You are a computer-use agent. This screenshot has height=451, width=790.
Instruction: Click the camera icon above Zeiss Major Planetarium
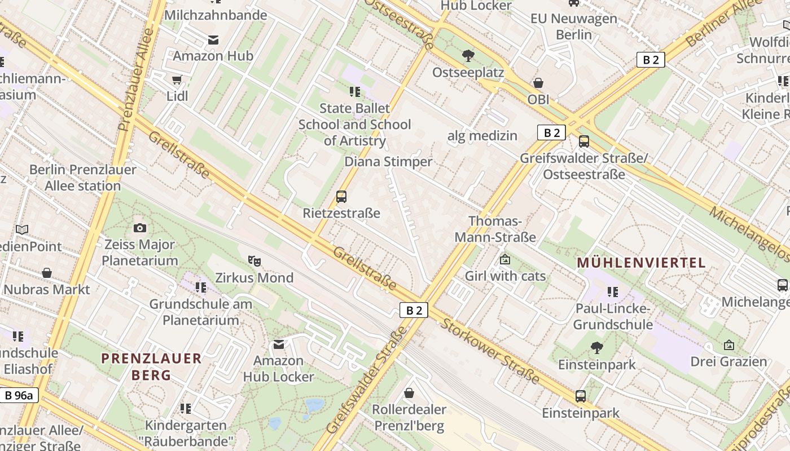140,228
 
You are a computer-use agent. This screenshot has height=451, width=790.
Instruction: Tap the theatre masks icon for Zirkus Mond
254,260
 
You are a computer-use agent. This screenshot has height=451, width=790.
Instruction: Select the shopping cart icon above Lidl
177,79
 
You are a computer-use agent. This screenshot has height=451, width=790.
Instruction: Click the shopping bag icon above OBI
538,83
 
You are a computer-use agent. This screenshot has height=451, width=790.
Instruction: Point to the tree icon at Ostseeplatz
468,55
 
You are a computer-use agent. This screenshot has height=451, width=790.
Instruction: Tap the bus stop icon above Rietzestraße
341,197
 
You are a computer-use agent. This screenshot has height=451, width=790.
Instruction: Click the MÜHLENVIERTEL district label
641,263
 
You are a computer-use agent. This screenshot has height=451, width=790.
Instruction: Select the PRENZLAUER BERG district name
151,366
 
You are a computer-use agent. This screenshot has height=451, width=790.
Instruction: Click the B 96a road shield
19,395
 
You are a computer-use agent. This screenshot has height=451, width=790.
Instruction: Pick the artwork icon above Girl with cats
505,259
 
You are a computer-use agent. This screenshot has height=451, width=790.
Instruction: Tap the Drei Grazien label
728,361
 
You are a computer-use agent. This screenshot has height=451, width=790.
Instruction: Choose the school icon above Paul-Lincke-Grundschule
612,291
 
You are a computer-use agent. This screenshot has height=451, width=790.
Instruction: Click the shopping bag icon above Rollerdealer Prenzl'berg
409,393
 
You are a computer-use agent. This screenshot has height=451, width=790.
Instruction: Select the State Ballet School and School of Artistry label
354,124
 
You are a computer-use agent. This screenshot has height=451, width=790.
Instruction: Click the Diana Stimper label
388,162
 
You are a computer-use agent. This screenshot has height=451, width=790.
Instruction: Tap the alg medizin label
482,135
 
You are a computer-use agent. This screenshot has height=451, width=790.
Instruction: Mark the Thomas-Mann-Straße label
495,229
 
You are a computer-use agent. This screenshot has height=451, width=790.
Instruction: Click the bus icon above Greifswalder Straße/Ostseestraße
584,142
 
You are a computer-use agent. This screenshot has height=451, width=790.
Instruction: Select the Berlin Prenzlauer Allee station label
83,178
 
